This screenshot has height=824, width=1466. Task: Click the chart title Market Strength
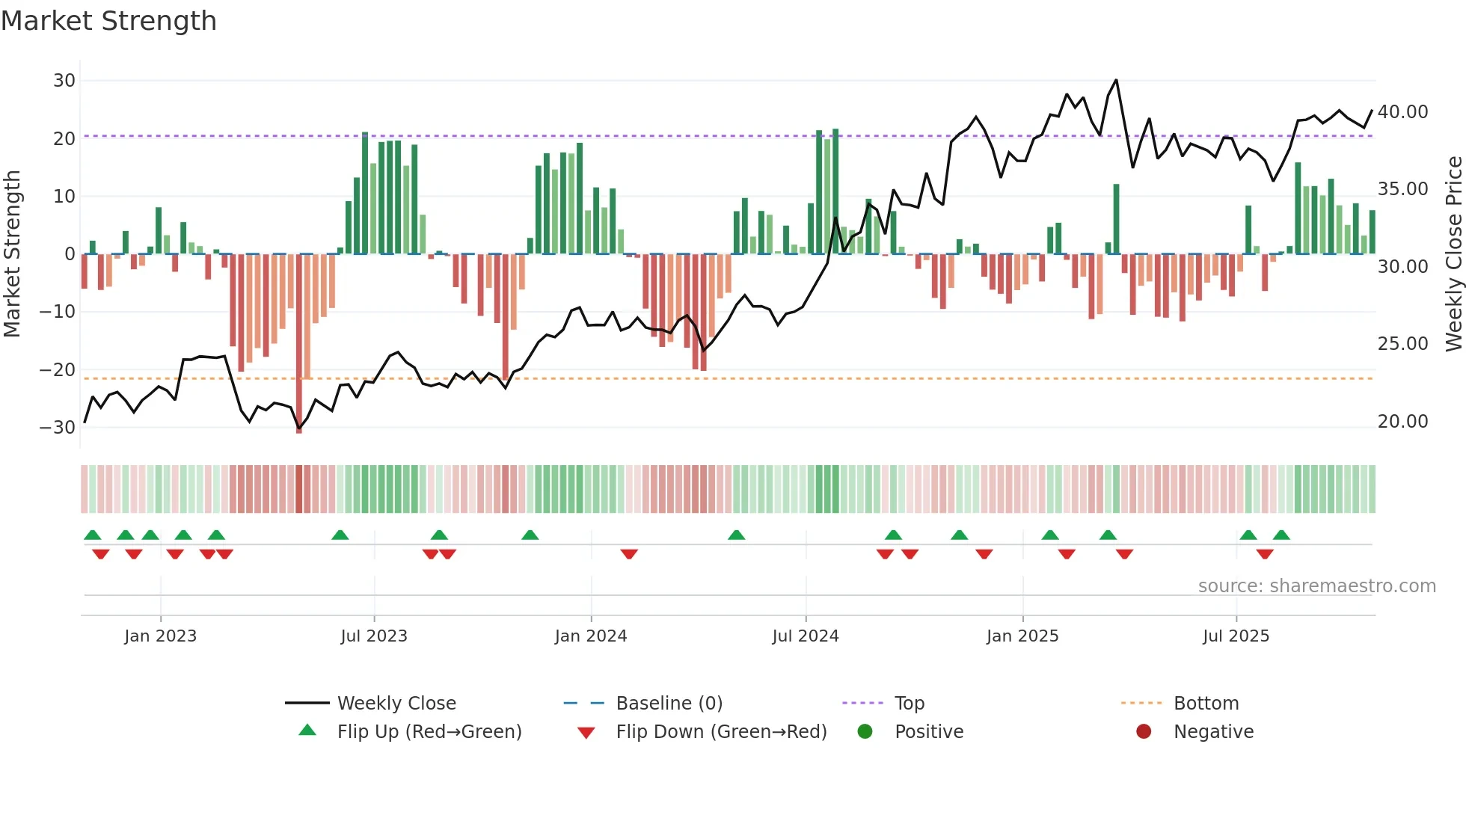tap(108, 21)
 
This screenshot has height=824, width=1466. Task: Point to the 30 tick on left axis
tap(64, 81)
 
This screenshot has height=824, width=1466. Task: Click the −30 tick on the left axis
tap(58, 428)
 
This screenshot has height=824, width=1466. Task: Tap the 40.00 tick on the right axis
tap(1402, 112)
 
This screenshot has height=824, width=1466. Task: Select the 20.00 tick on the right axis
tap(1402, 422)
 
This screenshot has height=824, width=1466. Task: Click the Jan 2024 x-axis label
tap(590, 636)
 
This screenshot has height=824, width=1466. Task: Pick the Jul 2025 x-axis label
tap(1236, 636)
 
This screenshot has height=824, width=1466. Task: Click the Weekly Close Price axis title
tap(1453, 254)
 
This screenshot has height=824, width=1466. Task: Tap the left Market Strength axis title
tap(12, 254)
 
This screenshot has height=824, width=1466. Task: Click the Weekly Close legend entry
tap(396, 704)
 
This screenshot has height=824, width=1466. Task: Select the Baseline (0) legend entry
tap(669, 704)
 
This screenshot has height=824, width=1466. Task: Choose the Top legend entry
tap(909, 704)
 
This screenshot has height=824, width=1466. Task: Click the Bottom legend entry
tap(1206, 704)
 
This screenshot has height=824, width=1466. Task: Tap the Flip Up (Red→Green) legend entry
tap(429, 732)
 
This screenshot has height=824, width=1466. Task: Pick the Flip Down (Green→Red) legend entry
tap(721, 732)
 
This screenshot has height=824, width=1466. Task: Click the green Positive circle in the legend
tap(865, 732)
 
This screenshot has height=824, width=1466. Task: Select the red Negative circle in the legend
tap(1144, 732)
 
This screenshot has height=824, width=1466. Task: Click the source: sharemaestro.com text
tap(1316, 586)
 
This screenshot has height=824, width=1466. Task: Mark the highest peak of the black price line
tap(1116, 80)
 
